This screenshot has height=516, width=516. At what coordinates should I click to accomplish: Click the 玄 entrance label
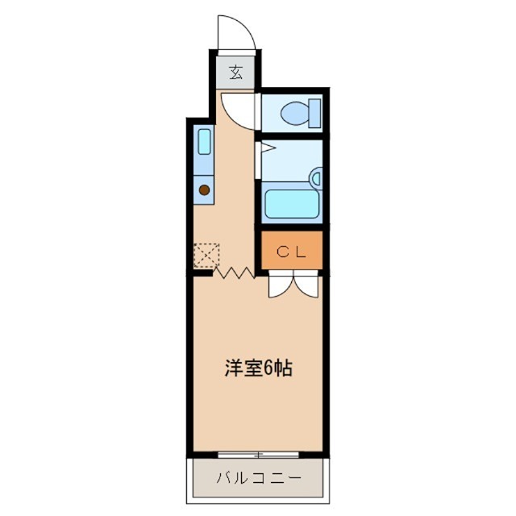coord(235,73)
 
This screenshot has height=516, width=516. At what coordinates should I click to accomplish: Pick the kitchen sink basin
coord(204,143)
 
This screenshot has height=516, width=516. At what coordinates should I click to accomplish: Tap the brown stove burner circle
coord(204,190)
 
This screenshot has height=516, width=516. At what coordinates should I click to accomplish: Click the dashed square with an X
coord(205,254)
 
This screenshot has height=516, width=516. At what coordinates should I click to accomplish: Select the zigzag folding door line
coord(235,273)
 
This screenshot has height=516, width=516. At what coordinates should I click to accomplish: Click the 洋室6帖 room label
coord(257,369)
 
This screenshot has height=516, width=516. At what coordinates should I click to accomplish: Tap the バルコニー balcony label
coord(258,478)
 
